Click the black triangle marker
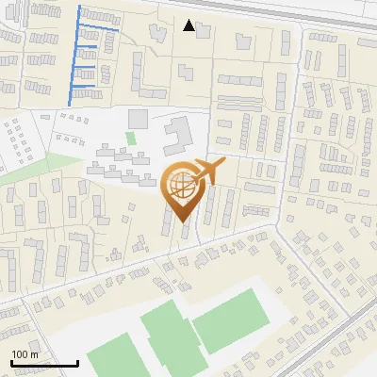pos(189,25)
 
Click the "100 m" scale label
pos(25,353)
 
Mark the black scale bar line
pos(44,363)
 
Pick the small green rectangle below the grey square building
pos(131,138)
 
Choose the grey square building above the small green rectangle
pos(139,119)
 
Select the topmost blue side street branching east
pos(99,30)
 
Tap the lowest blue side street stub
pos(85,86)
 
